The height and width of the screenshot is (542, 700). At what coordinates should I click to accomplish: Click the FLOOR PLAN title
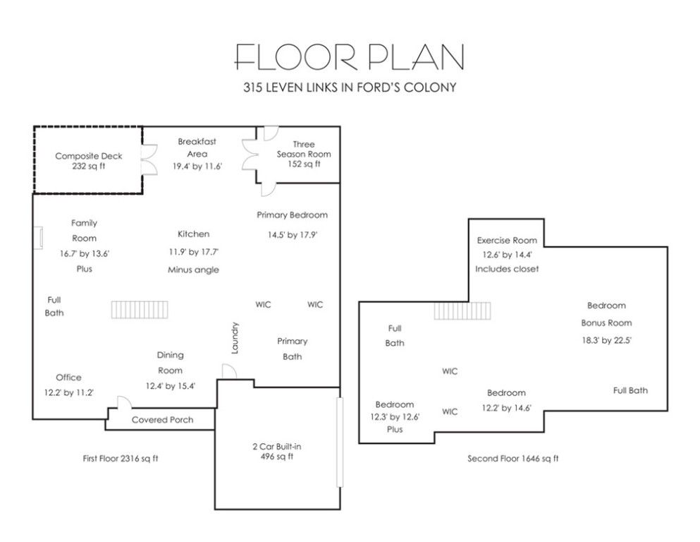(349, 56)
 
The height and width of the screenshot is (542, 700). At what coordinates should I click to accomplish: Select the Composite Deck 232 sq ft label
(88, 161)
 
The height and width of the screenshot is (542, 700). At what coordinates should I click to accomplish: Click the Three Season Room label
(304, 149)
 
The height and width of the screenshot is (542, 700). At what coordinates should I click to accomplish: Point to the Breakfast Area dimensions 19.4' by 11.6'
(197, 167)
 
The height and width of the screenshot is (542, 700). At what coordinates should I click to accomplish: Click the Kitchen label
(193, 234)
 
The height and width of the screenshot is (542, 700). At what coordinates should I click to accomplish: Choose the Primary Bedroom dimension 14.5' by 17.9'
(293, 234)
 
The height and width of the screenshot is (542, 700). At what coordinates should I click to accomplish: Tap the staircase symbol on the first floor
(140, 310)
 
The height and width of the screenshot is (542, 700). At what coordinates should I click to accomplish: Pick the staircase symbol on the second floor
(462, 311)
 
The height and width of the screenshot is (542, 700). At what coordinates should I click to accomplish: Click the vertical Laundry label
(235, 338)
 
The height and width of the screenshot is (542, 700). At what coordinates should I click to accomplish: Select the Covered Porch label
(163, 420)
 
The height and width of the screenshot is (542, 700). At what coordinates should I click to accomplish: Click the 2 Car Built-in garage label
(277, 447)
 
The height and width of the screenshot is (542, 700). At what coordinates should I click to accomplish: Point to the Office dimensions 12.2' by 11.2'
(69, 393)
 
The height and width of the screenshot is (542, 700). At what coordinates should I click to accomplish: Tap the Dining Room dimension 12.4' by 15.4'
(170, 385)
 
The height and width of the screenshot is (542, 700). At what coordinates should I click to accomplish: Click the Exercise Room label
(507, 240)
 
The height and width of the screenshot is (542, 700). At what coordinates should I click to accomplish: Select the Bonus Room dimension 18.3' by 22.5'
(606, 340)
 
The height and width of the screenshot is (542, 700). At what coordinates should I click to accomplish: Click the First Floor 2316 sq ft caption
(121, 459)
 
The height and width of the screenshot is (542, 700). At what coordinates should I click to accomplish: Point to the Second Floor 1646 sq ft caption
(513, 459)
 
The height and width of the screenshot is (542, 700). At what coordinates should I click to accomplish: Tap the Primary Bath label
(293, 349)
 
